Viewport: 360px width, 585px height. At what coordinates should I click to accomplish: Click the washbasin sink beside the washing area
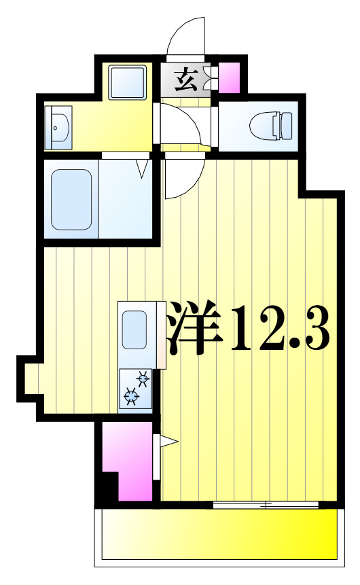point(58,126)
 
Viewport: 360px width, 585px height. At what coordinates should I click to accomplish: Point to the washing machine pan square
point(128,82)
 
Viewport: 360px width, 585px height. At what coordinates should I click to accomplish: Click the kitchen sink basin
point(135,331)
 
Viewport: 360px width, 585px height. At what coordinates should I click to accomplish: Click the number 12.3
point(280,330)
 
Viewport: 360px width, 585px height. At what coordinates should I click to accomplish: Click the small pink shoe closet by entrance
point(229,78)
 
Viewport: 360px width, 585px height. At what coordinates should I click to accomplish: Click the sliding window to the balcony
point(266,505)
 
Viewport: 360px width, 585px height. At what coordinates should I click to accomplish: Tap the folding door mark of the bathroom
point(143,167)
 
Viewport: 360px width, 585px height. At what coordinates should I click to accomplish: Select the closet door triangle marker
point(167,442)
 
